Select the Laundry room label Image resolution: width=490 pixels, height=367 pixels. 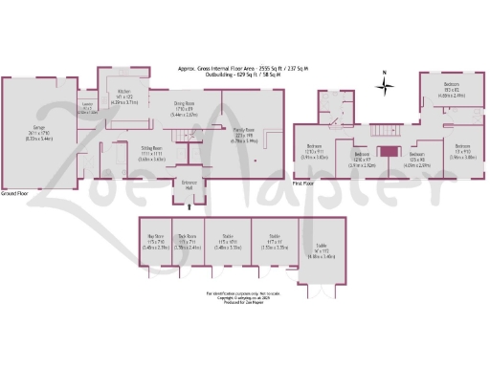click(86, 107)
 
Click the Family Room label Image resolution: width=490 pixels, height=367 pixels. click(244, 137)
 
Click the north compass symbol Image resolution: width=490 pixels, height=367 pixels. click(384, 85)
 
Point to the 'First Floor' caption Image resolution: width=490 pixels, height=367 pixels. click(302, 182)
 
